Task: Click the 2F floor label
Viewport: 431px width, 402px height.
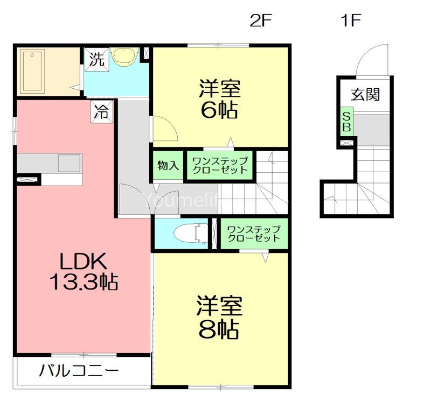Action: coord(261,20)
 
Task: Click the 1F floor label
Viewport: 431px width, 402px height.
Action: coord(351,20)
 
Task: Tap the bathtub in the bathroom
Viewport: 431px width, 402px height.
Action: coord(32,71)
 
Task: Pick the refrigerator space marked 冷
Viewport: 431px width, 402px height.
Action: coord(102,111)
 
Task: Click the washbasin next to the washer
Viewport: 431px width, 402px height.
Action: coord(124,57)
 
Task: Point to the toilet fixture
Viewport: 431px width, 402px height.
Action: coord(191,234)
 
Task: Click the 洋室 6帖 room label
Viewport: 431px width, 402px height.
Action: coord(220,99)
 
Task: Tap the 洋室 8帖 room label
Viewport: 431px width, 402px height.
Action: coord(219,317)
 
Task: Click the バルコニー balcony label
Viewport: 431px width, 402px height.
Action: coord(79,370)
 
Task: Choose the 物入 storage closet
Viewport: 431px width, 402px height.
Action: coord(168,166)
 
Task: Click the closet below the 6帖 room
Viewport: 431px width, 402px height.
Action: coord(220,166)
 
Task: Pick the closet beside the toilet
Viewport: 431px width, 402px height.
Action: coord(254,234)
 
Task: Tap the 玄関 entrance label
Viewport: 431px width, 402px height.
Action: coord(365,95)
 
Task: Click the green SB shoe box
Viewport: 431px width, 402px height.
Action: coord(346,122)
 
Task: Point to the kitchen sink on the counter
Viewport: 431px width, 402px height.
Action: coord(69,163)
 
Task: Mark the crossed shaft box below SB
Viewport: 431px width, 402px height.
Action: coord(346,143)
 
